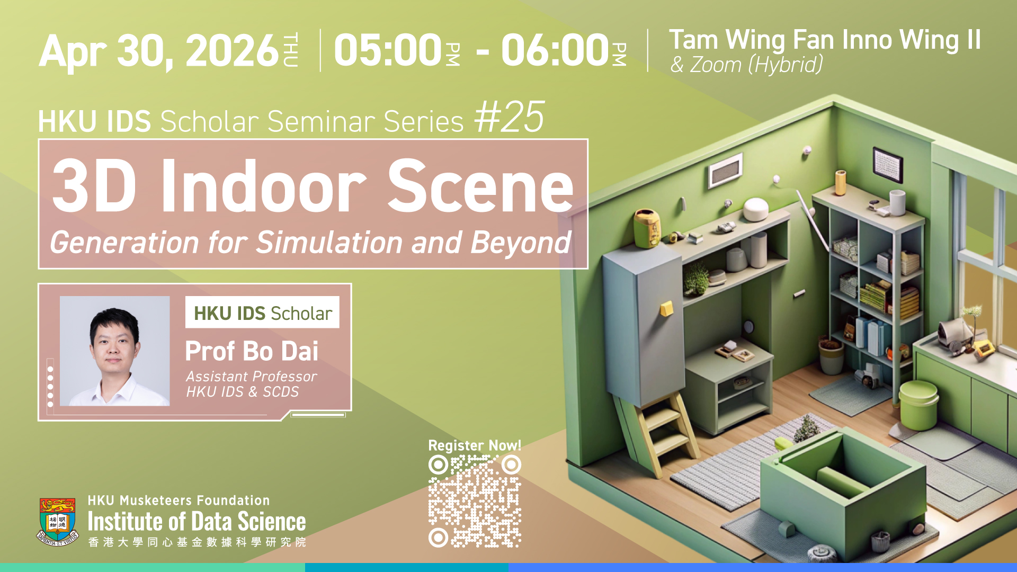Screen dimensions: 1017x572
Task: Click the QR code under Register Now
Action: click(475, 501)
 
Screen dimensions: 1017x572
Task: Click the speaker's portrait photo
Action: click(115, 351)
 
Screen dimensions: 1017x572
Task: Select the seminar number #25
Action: click(509, 117)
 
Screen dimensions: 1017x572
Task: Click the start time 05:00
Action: click(388, 50)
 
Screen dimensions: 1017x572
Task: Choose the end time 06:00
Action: click(555, 50)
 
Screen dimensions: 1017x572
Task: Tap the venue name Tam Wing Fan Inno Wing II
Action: click(825, 40)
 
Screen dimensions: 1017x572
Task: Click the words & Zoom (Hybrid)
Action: click(746, 65)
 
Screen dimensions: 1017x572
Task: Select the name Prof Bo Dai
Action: click(252, 351)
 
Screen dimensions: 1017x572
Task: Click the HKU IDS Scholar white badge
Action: click(262, 312)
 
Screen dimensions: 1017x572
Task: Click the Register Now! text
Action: click(475, 445)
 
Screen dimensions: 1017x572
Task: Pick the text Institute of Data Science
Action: click(197, 522)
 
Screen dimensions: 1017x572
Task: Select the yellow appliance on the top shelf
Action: click(648, 228)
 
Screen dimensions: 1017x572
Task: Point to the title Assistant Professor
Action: click(251, 377)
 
